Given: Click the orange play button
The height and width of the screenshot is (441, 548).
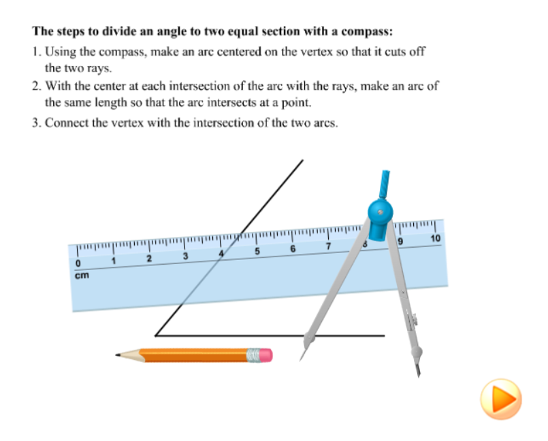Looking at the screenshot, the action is [501, 399].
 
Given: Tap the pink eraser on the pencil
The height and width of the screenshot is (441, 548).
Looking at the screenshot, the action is [265, 355].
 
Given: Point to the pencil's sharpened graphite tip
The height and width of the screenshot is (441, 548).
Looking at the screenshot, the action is [117, 355].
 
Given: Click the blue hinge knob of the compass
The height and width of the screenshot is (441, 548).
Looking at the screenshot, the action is [381, 212].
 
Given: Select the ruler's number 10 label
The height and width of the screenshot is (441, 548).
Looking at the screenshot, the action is [436, 238].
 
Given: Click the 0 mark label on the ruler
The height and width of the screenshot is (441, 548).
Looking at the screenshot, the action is [78, 263].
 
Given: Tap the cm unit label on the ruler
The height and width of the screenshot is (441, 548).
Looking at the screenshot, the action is [82, 276].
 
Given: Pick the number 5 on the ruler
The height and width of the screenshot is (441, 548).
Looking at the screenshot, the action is [257, 251].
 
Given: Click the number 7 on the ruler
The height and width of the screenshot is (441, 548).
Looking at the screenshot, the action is [328, 246].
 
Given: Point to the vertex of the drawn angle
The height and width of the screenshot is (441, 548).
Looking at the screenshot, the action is [155, 336].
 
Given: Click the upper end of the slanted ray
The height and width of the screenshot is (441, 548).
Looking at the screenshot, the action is [303, 161].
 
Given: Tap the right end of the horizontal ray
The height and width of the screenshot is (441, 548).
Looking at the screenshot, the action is [385, 336].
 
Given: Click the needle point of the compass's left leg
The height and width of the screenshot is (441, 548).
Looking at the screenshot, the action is [300, 360].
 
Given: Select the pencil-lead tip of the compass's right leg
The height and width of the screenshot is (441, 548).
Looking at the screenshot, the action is [419, 376].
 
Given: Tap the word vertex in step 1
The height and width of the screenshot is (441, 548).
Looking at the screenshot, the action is [317, 52].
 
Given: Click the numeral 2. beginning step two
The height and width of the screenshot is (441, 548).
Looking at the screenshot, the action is [37, 86].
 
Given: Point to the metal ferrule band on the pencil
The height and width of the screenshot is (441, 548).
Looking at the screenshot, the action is [253, 355].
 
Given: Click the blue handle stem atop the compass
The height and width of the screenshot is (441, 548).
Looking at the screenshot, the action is [385, 184].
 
